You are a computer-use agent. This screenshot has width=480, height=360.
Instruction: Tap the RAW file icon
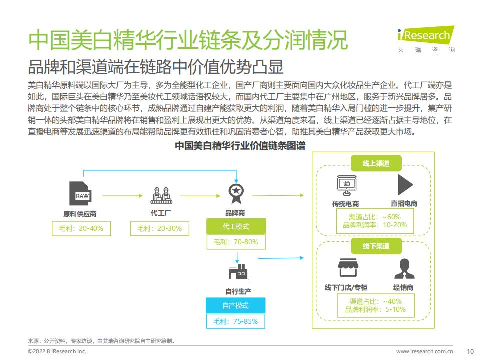tap(80, 193)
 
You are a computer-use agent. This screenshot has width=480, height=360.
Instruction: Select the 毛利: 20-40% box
tap(81, 228)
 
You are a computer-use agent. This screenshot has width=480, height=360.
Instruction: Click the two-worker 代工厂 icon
tap(161, 195)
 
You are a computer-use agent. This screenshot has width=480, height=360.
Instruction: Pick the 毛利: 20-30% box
tap(160, 228)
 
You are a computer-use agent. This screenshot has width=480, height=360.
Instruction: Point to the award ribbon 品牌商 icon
tap(236, 194)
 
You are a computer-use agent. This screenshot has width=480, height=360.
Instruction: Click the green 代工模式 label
tap(236, 226)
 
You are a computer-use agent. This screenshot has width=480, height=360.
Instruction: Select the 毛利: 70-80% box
tap(236, 242)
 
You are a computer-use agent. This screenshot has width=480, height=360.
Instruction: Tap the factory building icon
tap(238, 272)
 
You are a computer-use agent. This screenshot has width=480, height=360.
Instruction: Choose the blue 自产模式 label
tap(235, 305)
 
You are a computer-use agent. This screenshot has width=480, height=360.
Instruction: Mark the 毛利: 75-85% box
tap(235, 321)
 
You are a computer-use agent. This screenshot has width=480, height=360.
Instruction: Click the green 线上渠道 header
tap(376, 163)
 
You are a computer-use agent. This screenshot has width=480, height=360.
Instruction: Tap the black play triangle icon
tap(405, 185)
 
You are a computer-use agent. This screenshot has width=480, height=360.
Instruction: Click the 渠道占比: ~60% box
tap(375, 221)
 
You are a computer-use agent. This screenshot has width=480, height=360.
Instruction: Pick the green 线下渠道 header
tap(376, 246)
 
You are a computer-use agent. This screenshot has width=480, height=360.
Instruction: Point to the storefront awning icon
tap(348, 268)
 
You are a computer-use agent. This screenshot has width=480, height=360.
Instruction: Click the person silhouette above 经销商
tap(404, 269)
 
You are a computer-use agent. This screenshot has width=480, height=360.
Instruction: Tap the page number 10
tap(470, 351)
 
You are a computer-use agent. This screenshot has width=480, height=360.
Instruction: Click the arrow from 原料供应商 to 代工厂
tap(123, 196)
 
